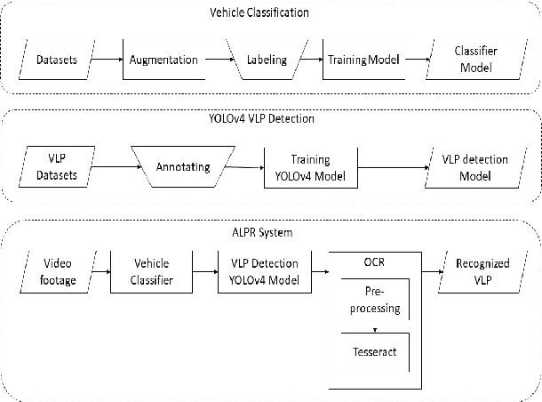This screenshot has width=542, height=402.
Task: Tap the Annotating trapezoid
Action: coord(179,166)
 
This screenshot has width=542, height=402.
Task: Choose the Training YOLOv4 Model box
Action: coord(305,166)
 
